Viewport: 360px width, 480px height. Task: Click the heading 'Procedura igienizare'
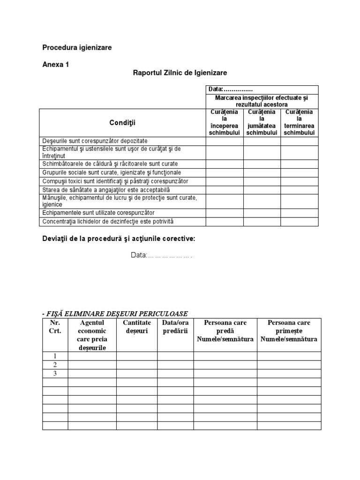tap(77, 47)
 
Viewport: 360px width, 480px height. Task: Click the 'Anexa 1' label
tap(55, 65)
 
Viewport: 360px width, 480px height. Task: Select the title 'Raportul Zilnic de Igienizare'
tap(180, 73)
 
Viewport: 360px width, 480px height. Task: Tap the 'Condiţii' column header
tap(122, 122)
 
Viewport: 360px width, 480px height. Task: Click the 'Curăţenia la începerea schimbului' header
tap(224, 122)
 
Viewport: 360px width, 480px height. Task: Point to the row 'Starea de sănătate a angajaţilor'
tap(106, 190)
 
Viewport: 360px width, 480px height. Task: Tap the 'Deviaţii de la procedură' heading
tap(119, 239)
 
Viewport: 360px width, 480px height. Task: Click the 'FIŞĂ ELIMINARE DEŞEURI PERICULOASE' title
tap(115, 313)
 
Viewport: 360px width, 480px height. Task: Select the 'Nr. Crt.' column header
tap(55, 327)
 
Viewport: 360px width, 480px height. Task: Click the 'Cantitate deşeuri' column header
tap(137, 327)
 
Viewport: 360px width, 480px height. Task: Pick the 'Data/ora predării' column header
tap(175, 327)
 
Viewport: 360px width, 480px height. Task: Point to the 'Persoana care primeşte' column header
tap(289, 327)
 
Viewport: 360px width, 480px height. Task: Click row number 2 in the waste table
tap(55, 365)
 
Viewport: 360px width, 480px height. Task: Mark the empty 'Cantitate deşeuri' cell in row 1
tap(137, 356)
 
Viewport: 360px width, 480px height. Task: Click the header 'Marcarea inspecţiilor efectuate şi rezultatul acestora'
tap(262, 101)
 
